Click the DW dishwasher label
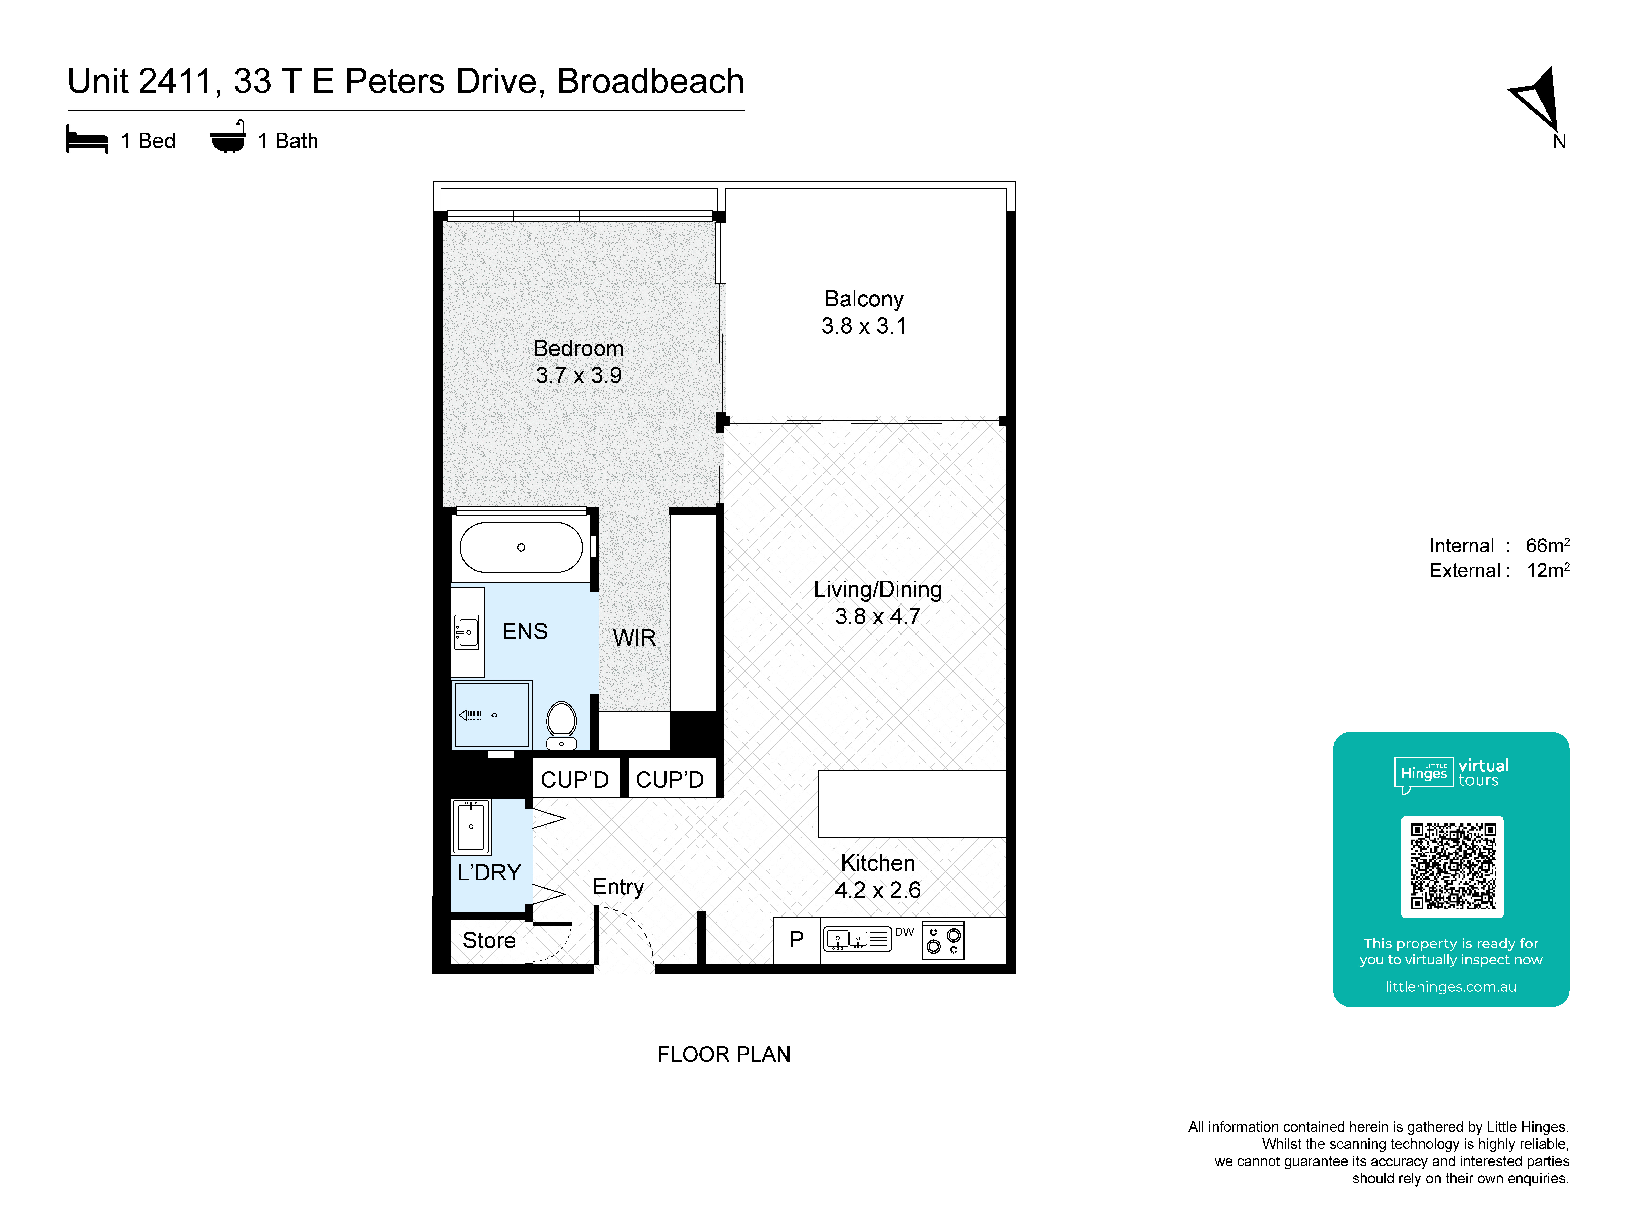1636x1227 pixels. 905,932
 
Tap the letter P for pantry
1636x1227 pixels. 797,939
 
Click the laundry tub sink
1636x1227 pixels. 471,826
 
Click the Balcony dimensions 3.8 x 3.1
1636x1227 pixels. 863,326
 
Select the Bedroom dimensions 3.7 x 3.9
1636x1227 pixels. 578,376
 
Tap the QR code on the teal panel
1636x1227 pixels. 1452,866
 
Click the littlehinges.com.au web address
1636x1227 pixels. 1450,987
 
